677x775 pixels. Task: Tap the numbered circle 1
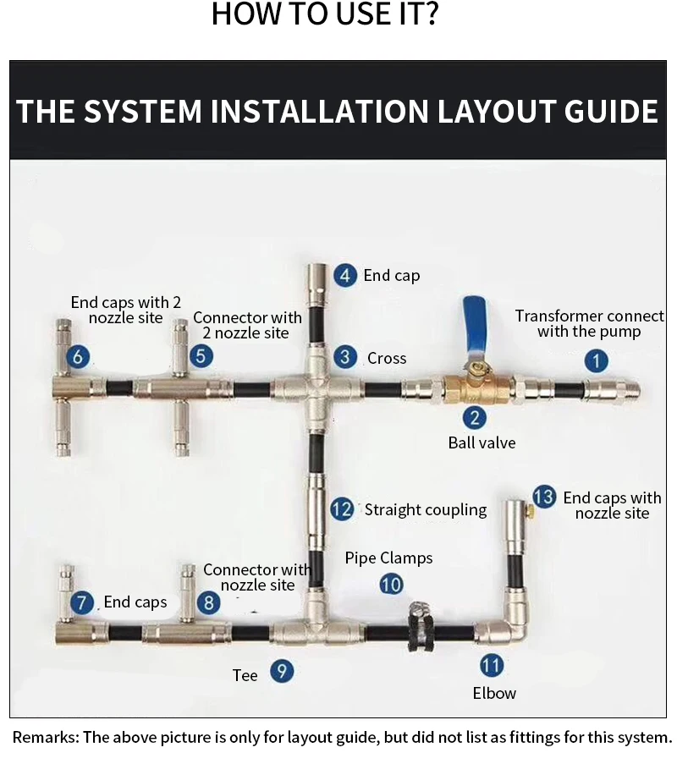pyautogui.click(x=596, y=360)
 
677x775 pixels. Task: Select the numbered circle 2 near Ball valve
pyautogui.click(x=474, y=418)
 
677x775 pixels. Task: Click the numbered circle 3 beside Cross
pyautogui.click(x=345, y=357)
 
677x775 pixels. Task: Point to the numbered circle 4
pyautogui.click(x=345, y=275)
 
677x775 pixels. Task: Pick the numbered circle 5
pyautogui.click(x=201, y=356)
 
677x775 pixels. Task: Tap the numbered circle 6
pyautogui.click(x=78, y=356)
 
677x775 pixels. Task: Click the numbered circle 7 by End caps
pyautogui.click(x=82, y=602)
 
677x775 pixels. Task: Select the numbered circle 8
pyautogui.click(x=209, y=602)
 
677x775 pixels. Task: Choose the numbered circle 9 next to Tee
pyautogui.click(x=282, y=671)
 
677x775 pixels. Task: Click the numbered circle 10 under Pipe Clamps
pyautogui.click(x=391, y=585)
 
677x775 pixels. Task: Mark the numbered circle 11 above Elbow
pyautogui.click(x=492, y=665)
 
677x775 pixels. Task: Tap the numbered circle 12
pyautogui.click(x=342, y=509)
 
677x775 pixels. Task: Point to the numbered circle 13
pyautogui.click(x=544, y=497)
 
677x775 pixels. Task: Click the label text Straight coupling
pyautogui.click(x=426, y=509)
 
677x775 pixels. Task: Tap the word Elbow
pyautogui.click(x=494, y=693)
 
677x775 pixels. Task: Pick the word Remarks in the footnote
pyautogui.click(x=45, y=737)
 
